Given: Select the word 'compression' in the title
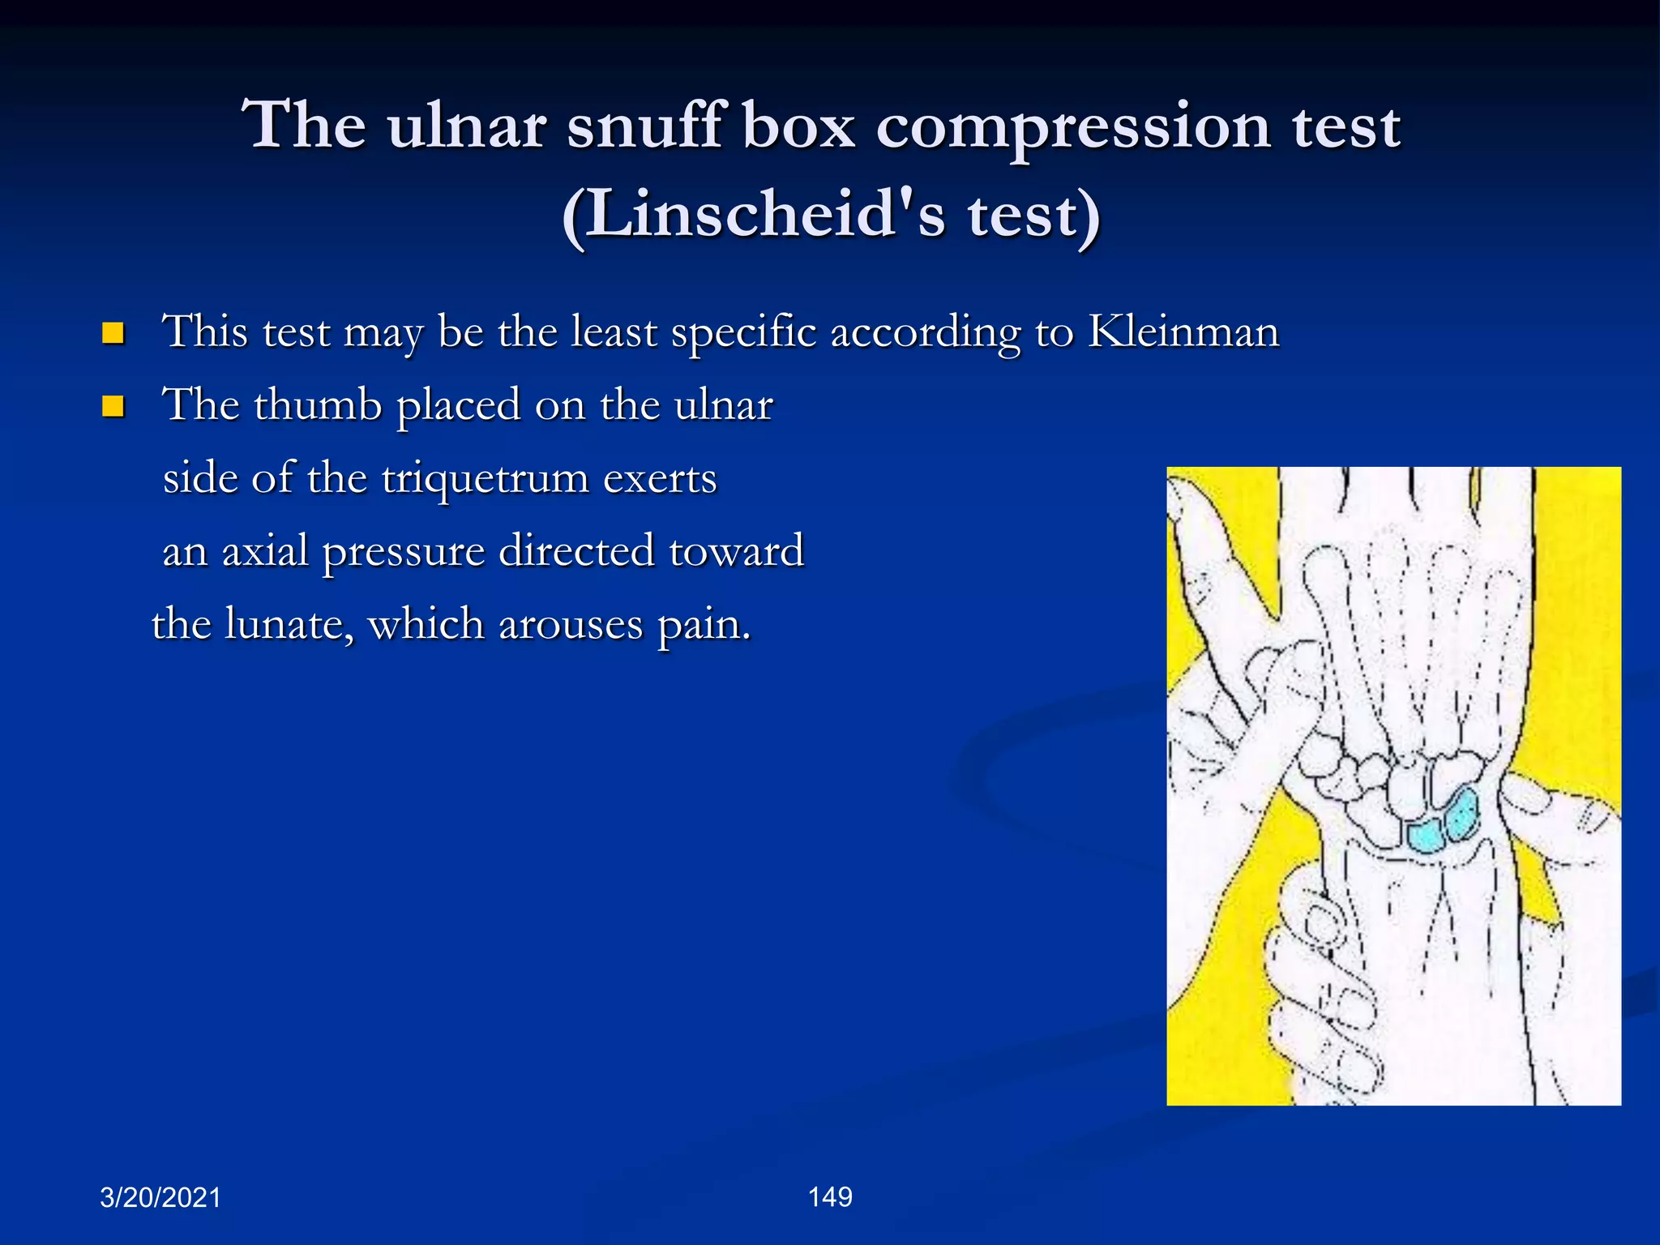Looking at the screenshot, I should coord(1073,129).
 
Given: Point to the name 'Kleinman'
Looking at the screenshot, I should coord(1183,332).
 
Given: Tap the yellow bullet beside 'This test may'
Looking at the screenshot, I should coord(113,333).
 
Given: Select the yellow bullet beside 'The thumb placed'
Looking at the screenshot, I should coord(113,405).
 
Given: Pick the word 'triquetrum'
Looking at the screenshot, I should coord(485,478).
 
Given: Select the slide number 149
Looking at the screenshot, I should coord(830,1197).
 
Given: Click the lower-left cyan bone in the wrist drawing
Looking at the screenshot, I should coord(1426,835).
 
